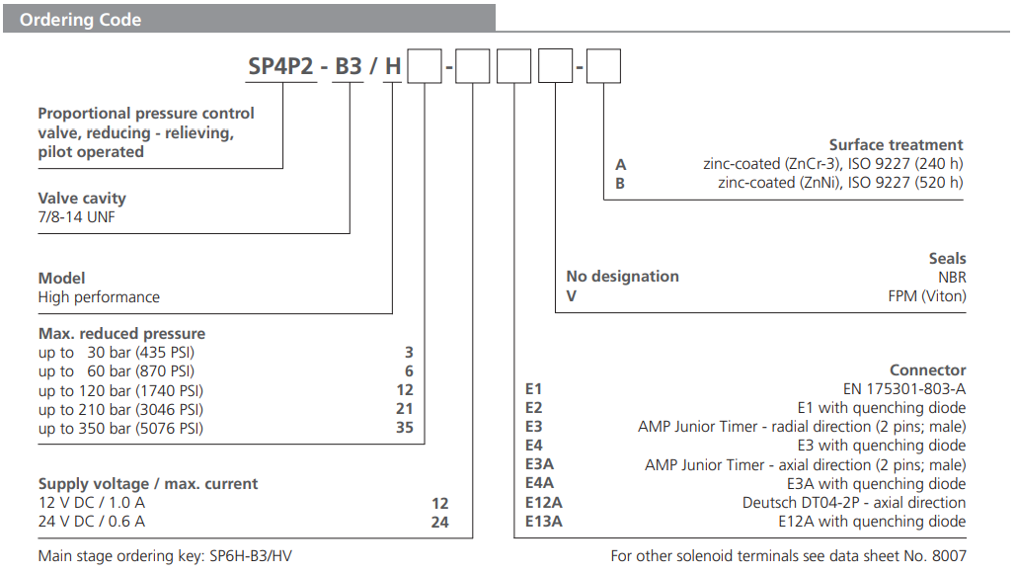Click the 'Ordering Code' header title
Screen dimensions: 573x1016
(80, 19)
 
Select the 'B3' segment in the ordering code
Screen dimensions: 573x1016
(348, 68)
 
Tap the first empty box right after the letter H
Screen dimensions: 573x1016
(425, 68)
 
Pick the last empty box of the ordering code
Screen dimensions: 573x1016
(604, 68)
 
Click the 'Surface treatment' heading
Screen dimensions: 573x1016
(896, 144)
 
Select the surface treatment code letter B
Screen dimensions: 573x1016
(621, 183)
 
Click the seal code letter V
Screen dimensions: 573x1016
(571, 295)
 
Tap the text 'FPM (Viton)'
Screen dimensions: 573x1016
(926, 295)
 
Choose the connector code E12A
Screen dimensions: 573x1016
(544, 503)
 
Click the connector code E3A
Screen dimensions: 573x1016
(539, 465)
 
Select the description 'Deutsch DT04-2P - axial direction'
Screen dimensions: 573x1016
(854, 503)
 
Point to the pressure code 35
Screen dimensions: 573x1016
(431, 428)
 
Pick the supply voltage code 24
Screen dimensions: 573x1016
(440, 522)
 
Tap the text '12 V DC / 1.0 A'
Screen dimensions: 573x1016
(91, 503)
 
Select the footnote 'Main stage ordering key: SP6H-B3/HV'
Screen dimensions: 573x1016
(165, 556)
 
